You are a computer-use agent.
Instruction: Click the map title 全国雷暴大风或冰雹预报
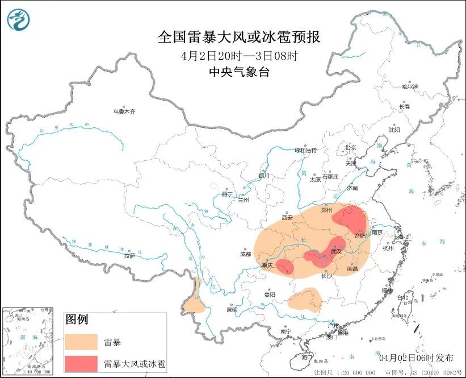coord(239,38)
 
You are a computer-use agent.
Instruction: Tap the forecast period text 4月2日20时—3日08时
coord(239,56)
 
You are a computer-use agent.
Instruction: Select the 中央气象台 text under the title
coord(239,72)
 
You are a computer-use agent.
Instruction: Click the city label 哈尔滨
coord(409,87)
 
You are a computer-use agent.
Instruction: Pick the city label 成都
coord(245,254)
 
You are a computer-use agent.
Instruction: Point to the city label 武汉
coord(337,251)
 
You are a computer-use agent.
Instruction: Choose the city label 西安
coord(287,217)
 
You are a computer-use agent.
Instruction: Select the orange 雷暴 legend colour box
coord(81,342)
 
